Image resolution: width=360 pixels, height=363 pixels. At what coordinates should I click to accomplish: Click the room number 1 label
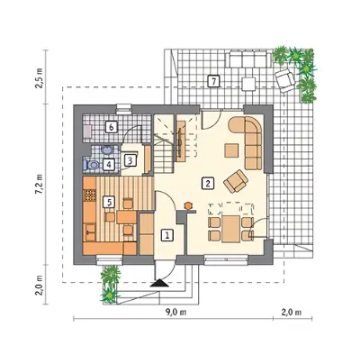[167, 235]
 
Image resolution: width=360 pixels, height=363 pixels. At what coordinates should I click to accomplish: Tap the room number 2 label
[208, 184]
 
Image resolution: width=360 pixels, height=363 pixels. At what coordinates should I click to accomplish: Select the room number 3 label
[130, 160]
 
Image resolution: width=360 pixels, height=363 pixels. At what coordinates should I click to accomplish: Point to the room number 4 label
[109, 165]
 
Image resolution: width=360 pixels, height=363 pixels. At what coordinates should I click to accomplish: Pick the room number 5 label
[109, 202]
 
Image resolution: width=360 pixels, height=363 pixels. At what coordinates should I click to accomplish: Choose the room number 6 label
[111, 128]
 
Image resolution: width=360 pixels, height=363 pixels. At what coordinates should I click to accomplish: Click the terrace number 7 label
[213, 81]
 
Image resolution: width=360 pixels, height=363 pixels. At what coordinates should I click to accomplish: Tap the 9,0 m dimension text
[175, 313]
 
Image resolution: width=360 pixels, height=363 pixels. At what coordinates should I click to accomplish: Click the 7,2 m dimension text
[40, 184]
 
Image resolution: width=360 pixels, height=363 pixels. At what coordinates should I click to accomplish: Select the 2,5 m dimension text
[40, 78]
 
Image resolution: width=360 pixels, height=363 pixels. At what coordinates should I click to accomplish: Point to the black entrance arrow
[159, 284]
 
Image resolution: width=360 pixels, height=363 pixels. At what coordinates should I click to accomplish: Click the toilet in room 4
[91, 165]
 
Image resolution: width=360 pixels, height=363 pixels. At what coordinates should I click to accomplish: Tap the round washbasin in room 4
[106, 150]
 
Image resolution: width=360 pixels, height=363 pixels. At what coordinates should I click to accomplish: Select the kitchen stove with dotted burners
[89, 195]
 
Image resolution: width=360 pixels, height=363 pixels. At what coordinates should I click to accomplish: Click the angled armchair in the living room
[236, 181]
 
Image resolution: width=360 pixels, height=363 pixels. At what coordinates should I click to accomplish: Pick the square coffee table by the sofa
[231, 150]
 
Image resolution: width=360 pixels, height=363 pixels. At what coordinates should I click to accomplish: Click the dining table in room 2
[231, 229]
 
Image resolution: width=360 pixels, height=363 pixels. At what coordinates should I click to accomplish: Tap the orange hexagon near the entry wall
[188, 205]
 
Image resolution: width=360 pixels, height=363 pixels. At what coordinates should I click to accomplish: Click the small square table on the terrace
[249, 84]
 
